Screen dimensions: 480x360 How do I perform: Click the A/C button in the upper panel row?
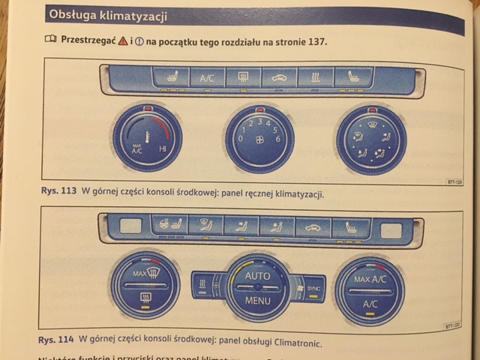(x=207, y=77)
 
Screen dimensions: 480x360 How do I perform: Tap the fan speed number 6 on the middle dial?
(x=277, y=139)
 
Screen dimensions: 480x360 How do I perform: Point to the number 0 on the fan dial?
(x=240, y=139)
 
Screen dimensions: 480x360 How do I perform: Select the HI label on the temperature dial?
(x=163, y=149)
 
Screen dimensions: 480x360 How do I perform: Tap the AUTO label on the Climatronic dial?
(x=256, y=277)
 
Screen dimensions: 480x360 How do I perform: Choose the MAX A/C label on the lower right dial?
(x=370, y=280)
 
